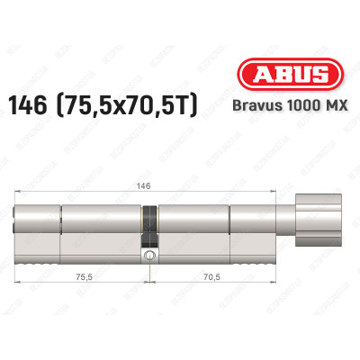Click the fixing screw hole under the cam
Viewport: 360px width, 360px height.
148,256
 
